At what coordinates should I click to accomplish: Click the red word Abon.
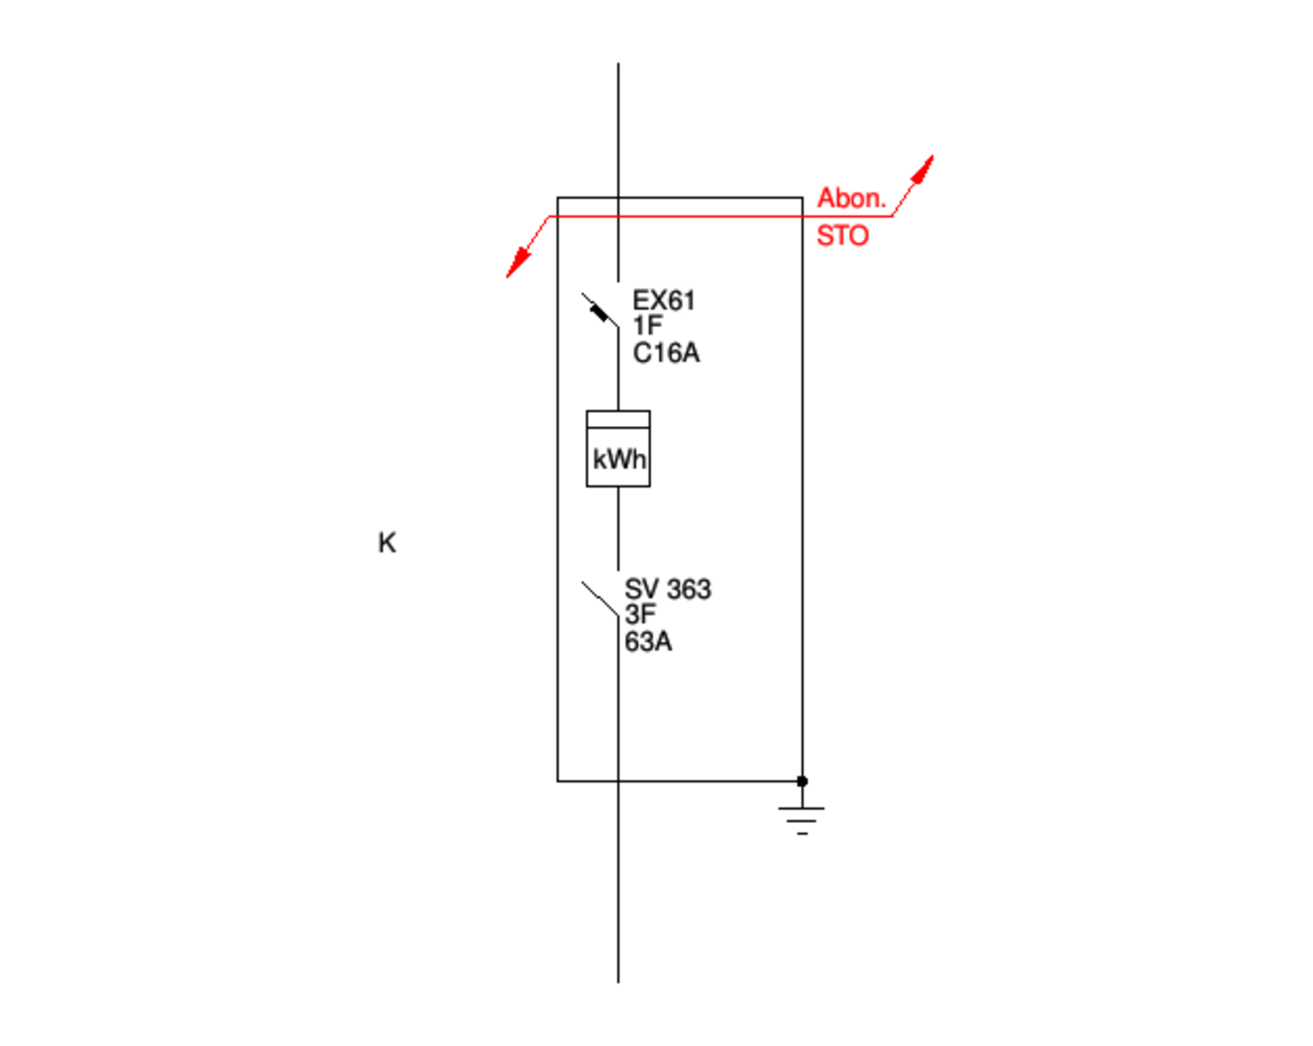[x=851, y=198]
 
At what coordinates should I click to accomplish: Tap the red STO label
[x=843, y=236]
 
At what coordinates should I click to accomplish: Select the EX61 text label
[x=664, y=301]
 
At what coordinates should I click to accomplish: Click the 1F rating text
[x=647, y=326]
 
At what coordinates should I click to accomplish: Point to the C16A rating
[x=666, y=353]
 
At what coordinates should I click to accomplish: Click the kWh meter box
[x=618, y=449]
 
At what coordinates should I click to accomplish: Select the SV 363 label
[x=667, y=589]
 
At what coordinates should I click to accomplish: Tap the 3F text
[x=639, y=615]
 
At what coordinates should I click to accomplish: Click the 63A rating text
[x=648, y=642]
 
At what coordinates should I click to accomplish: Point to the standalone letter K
[x=387, y=543]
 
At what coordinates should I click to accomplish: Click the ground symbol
[x=802, y=818]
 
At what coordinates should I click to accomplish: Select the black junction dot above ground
[x=802, y=781]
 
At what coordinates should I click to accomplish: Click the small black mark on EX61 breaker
[x=599, y=313]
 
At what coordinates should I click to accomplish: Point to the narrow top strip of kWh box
[x=618, y=419]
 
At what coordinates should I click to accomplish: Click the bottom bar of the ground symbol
[x=802, y=833]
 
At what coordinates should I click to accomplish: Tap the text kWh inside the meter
[x=619, y=459]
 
